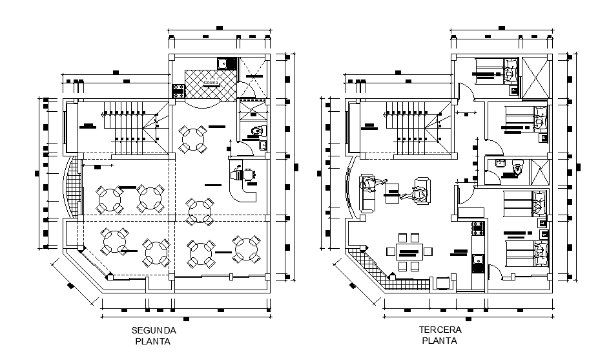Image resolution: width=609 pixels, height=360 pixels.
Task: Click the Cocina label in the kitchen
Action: [x=211, y=83]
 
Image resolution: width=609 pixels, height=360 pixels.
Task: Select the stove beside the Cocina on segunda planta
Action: [x=178, y=91]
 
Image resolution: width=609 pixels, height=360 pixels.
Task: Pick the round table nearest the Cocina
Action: [x=193, y=139]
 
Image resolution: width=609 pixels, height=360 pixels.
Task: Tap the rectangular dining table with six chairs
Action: [x=408, y=252]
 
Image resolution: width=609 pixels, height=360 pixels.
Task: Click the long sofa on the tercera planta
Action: [x=368, y=193]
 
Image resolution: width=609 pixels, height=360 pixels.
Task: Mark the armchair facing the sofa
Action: [x=420, y=193]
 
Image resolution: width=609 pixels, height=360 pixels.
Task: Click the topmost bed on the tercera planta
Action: [x=497, y=72]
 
